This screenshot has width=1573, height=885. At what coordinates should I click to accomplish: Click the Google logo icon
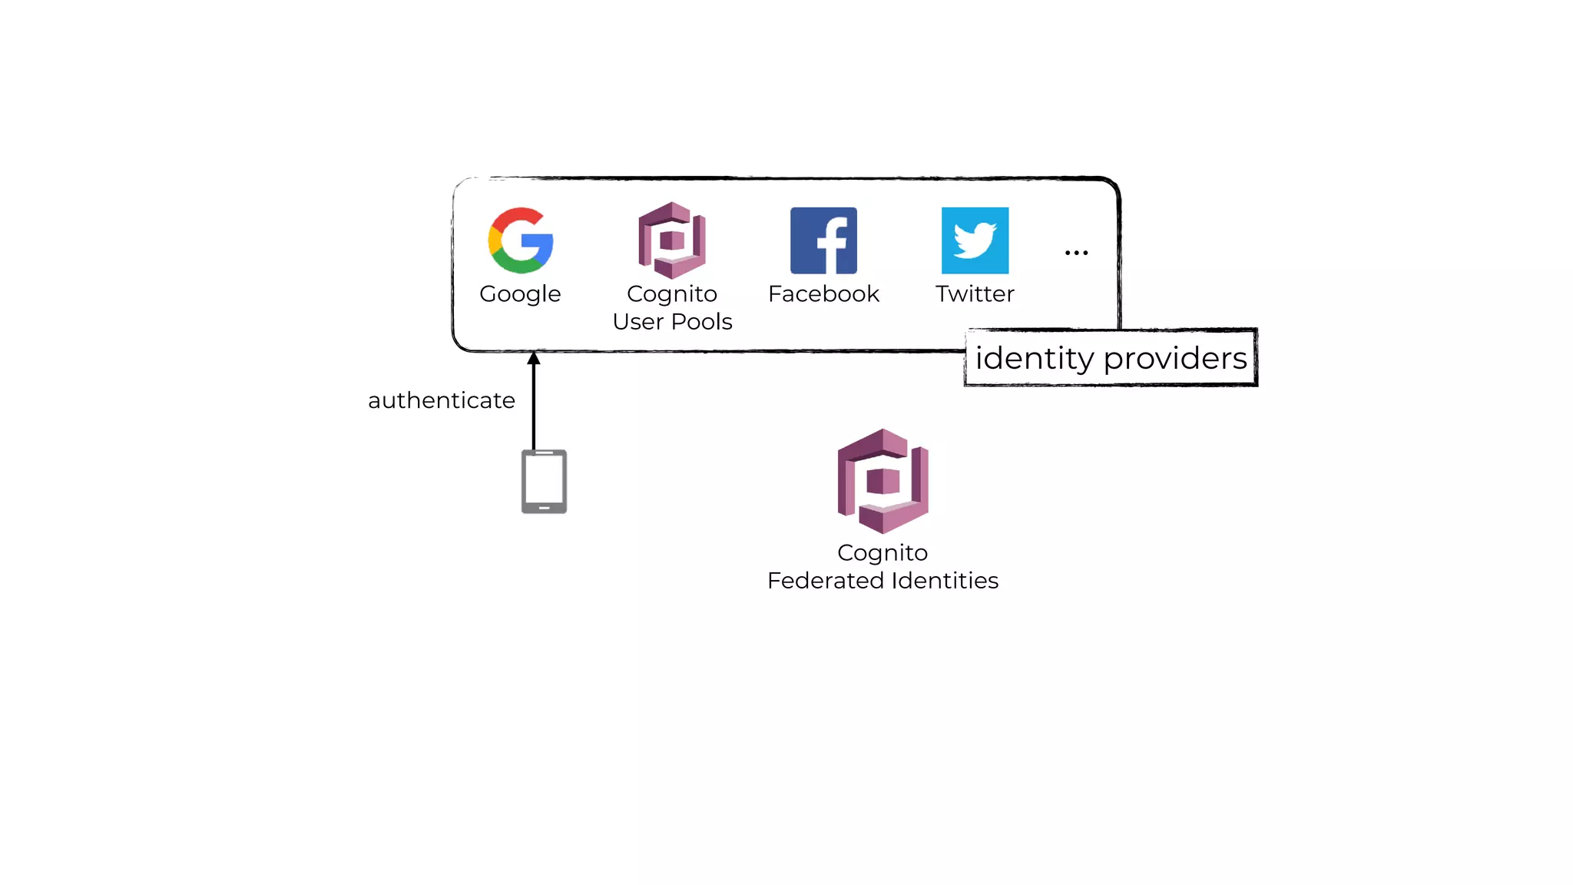point(521,240)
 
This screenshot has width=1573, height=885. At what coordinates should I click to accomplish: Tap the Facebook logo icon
point(823,240)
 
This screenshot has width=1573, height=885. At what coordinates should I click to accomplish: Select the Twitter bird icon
point(975,240)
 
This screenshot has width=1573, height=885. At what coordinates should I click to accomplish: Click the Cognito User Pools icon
point(672,240)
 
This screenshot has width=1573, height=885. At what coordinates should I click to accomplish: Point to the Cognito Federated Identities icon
point(883,481)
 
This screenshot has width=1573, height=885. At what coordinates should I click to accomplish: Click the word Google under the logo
point(520,294)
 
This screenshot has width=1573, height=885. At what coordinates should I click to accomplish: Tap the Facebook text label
point(823,293)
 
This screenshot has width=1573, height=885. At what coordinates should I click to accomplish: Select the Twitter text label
point(975,293)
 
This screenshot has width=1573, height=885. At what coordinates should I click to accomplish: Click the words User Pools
point(672,321)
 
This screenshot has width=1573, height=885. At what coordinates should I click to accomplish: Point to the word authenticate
point(441,400)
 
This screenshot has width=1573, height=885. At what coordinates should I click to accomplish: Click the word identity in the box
point(1034,359)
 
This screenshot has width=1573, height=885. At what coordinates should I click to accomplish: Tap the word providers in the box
point(1175,359)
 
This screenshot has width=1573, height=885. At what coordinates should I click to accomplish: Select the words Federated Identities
point(883,580)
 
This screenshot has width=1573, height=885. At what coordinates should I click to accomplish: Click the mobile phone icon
point(544,481)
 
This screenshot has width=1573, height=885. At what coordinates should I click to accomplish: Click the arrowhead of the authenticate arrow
point(534,358)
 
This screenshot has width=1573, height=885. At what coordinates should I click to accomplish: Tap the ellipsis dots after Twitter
point(1076,253)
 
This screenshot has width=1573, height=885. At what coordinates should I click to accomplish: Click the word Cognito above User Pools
point(672,294)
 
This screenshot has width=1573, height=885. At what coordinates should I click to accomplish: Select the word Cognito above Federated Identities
point(883,552)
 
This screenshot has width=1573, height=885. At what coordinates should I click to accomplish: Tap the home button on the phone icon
point(544,508)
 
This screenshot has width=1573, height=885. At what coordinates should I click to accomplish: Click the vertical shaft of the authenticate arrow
point(534,407)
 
